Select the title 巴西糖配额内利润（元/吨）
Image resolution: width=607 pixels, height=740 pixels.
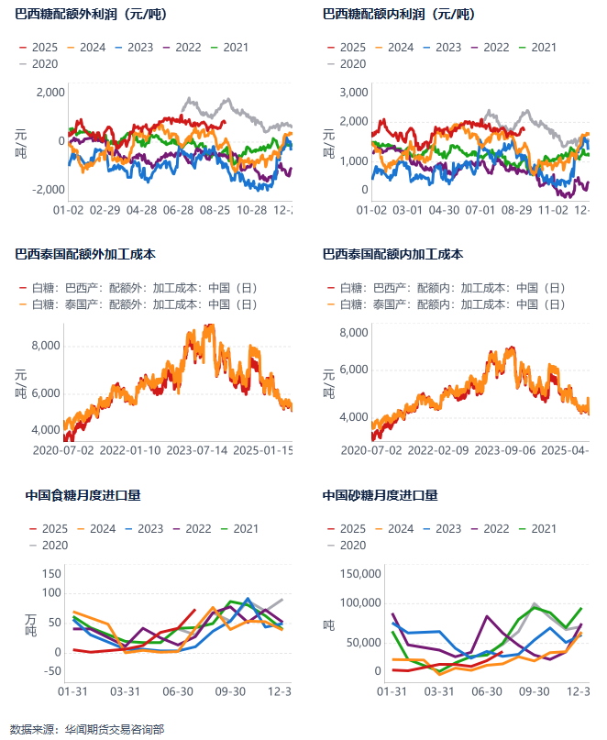(x=399, y=15)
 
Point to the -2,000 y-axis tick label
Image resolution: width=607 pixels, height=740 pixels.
(x=48, y=189)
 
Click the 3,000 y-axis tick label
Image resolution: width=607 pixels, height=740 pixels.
(x=353, y=92)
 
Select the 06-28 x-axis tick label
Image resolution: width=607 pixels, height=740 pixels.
(x=178, y=210)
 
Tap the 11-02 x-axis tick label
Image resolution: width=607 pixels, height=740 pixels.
(x=553, y=210)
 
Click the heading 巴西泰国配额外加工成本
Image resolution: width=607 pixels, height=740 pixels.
(x=84, y=254)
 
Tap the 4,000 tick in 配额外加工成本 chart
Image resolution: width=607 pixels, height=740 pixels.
(x=45, y=429)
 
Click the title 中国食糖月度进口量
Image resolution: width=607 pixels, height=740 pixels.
(x=83, y=496)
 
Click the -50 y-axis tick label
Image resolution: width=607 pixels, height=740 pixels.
(x=50, y=670)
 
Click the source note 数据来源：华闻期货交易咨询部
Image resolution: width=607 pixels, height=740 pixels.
(x=87, y=729)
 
